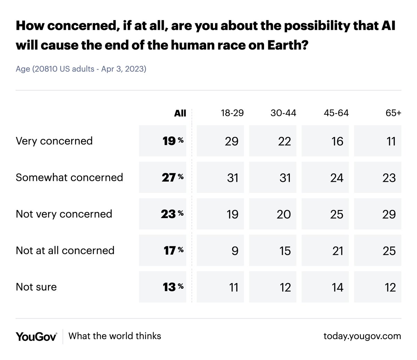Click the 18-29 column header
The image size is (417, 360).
tap(232, 113)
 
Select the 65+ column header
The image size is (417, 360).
tap(393, 113)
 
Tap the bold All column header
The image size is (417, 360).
tap(180, 113)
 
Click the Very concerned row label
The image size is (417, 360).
tap(54, 141)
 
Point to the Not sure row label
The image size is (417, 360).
tap(36, 287)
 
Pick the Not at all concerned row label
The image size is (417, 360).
tap(65, 250)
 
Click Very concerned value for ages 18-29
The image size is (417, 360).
tap(231, 141)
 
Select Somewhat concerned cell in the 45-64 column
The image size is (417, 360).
tap(337, 178)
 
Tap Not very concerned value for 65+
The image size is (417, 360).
tap(389, 214)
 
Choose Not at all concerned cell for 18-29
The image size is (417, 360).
tap(235, 251)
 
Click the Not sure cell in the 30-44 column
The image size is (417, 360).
tap(285, 287)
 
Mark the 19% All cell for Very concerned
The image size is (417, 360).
tap(172, 141)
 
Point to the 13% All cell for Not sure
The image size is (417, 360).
tap(172, 287)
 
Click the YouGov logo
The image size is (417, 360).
tap(36, 336)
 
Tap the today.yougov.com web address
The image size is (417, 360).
tap(362, 336)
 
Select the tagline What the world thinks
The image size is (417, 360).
tap(115, 336)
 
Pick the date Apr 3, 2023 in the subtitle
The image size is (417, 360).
tap(124, 69)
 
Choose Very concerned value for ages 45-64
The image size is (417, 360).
tap(337, 141)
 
